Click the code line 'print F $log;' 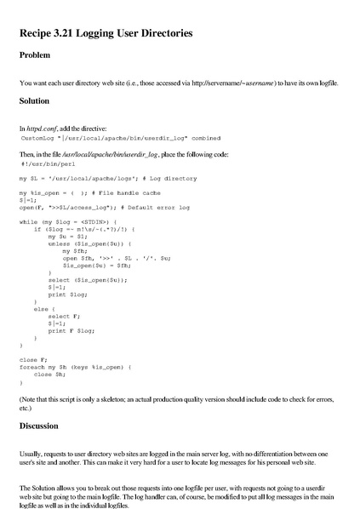pos(71,331)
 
